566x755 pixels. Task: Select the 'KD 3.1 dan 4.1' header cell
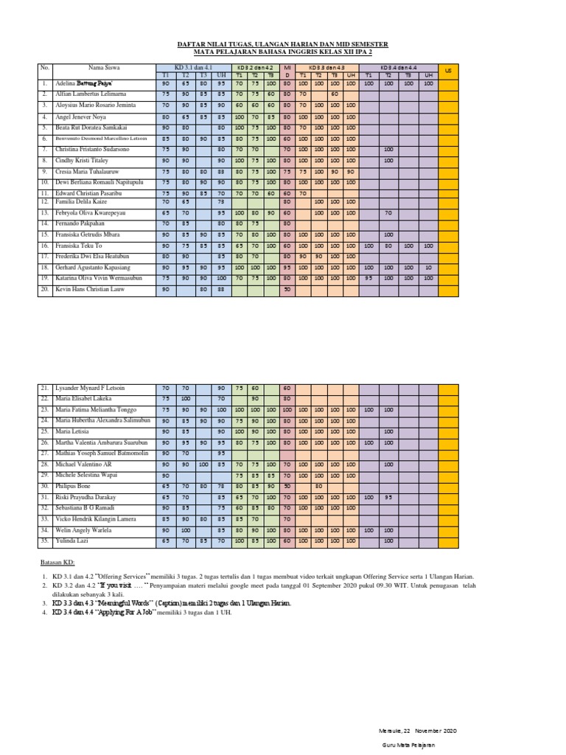193,68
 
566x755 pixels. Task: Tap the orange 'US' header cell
448,70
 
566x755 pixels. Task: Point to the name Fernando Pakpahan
82,223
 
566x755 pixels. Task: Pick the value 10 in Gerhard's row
428,268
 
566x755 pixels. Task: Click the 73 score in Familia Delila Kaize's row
221,201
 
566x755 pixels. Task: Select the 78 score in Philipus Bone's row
221,487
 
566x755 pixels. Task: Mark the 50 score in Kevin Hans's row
287,290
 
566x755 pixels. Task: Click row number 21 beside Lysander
43,387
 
